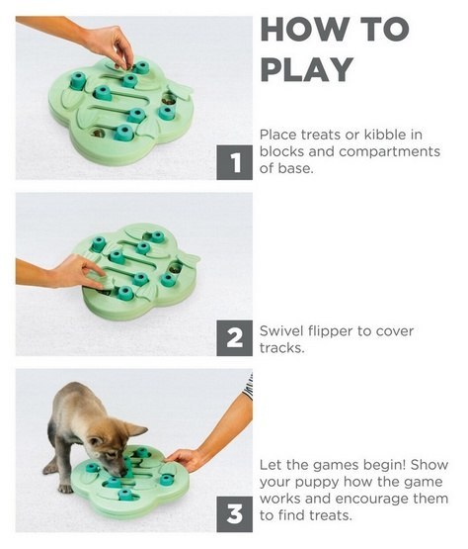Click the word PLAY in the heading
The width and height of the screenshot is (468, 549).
(307, 70)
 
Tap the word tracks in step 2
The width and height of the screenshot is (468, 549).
(281, 348)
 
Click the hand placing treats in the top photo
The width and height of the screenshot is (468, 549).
(109, 45)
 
